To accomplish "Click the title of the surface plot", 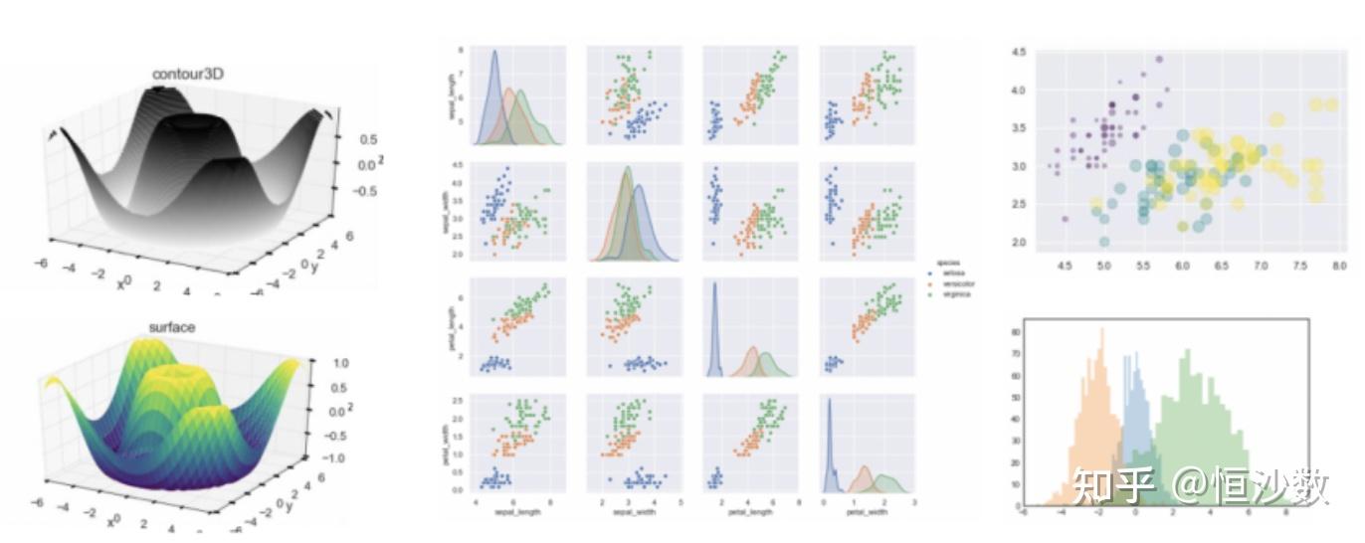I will click(172, 326).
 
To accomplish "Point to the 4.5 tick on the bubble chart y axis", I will click(1018, 52).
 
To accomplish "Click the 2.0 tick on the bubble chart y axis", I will click(1018, 243).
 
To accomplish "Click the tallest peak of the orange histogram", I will click(1102, 331).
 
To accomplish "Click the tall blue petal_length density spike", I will click(713, 285).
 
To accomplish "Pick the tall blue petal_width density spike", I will click(829, 402).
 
